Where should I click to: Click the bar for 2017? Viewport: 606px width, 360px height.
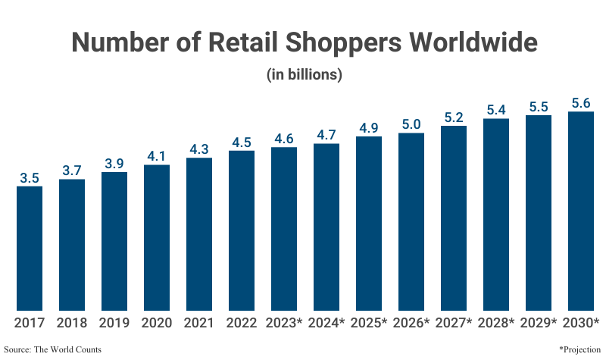coord(30,248)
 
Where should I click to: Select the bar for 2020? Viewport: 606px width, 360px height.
coord(157,237)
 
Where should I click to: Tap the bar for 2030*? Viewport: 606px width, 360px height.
coord(581,211)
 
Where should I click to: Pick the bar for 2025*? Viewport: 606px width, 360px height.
coord(369,223)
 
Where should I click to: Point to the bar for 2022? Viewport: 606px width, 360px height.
coord(242,230)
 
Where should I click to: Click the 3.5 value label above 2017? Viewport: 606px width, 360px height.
coord(30,179)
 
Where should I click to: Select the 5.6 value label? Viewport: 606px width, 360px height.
coord(581,104)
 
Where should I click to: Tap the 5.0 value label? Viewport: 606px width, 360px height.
coord(411,125)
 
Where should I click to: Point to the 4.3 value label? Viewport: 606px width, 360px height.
coord(199,150)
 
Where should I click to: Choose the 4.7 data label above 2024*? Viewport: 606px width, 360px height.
coord(326,136)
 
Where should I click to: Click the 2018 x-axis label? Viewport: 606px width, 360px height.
coord(72,323)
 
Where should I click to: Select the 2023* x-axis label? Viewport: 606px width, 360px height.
coord(284,323)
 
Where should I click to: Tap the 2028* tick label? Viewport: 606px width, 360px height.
coord(496,323)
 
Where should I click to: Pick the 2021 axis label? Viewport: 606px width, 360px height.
coord(199,323)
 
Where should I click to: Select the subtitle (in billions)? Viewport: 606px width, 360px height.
coord(303,75)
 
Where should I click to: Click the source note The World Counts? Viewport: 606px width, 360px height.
coord(52,349)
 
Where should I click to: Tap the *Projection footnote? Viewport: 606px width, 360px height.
coord(579,349)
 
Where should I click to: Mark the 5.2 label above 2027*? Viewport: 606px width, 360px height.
coord(454,117)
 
